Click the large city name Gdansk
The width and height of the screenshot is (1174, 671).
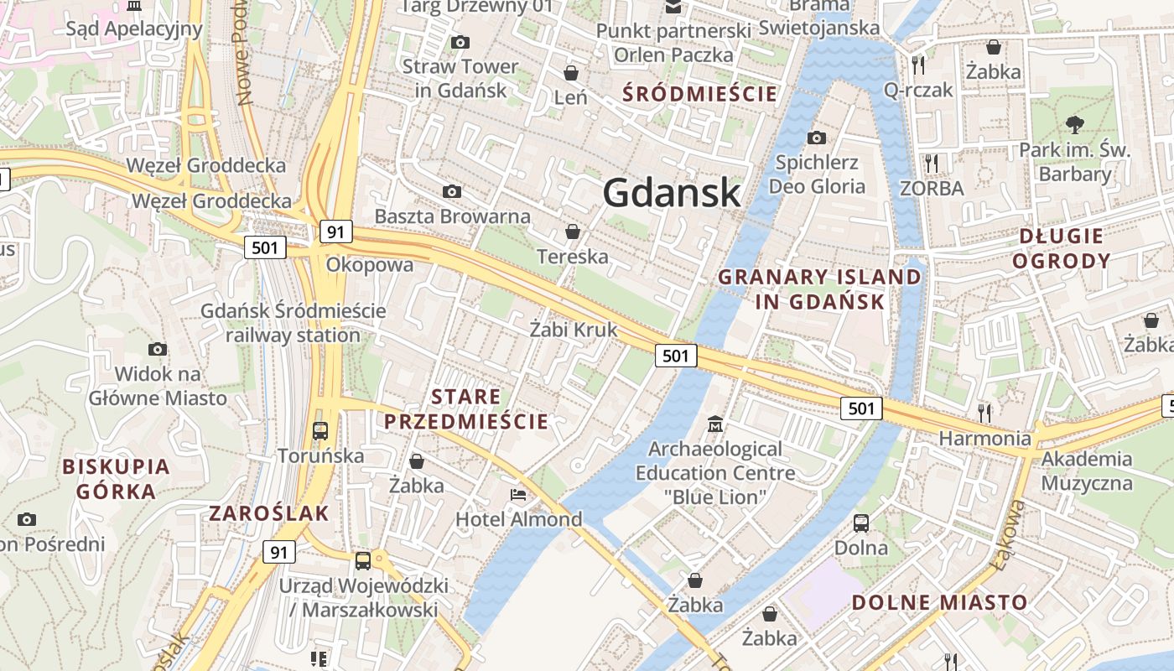point(672,192)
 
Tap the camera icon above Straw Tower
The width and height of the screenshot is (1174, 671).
point(460,42)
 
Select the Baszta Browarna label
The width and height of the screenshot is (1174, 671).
point(452,216)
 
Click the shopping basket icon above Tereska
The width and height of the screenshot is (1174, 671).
point(573,231)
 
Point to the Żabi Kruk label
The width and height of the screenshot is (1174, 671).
point(574,330)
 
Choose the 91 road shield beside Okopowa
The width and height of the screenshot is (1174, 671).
point(335,232)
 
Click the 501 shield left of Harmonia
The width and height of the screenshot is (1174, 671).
point(861,408)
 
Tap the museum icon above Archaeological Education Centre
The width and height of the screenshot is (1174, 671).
point(715,424)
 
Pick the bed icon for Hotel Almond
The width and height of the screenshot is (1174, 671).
point(518,495)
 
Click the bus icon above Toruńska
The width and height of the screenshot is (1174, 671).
point(320,431)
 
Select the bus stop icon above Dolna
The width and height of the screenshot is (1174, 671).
point(860,523)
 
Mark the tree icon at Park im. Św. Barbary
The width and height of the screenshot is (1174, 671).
point(1074,125)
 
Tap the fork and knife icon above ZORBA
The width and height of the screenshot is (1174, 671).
point(932,163)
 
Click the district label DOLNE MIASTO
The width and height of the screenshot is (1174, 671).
point(939,602)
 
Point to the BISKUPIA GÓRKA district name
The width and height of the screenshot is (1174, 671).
point(116,479)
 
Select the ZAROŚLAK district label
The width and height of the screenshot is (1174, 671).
point(268,513)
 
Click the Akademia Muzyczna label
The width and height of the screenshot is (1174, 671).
point(1086,471)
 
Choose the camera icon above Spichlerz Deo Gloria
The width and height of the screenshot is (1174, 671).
point(816,138)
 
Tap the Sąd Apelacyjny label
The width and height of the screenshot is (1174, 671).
point(134,29)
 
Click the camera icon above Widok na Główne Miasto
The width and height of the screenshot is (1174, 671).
point(157,349)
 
